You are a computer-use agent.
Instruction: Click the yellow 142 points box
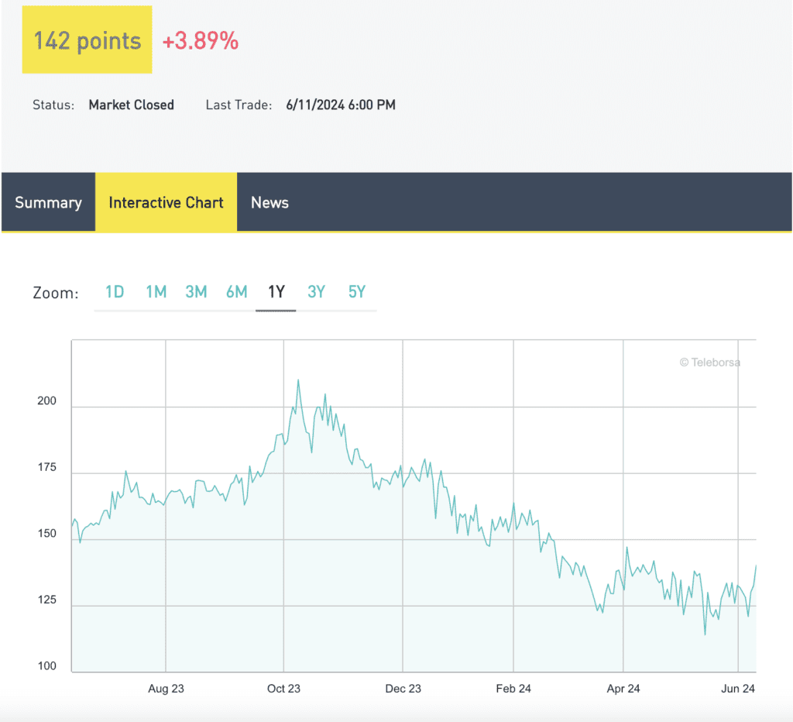[x=87, y=40]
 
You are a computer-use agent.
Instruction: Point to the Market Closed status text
[x=131, y=105]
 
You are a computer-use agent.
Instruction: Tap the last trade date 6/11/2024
[x=318, y=105]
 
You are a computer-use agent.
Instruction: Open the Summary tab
[x=48, y=202]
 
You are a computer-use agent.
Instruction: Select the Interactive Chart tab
[x=166, y=202]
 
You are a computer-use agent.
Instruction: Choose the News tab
[x=269, y=202]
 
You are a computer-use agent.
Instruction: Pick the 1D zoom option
[x=115, y=292]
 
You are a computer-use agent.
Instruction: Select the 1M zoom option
[x=156, y=292]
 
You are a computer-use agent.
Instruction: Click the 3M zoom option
[x=196, y=292]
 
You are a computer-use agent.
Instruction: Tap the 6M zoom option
[x=236, y=292]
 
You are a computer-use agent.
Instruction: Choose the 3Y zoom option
[x=316, y=292]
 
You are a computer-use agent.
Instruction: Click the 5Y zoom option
[x=356, y=292]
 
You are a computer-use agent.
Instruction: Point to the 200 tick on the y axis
[x=46, y=401]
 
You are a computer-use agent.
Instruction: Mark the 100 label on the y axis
[x=46, y=666]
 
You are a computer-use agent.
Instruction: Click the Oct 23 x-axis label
[x=283, y=688]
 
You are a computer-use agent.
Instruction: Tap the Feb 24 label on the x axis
[x=513, y=688]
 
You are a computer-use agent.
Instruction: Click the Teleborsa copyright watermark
[x=709, y=362]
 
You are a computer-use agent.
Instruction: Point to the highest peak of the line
[x=298, y=380]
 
